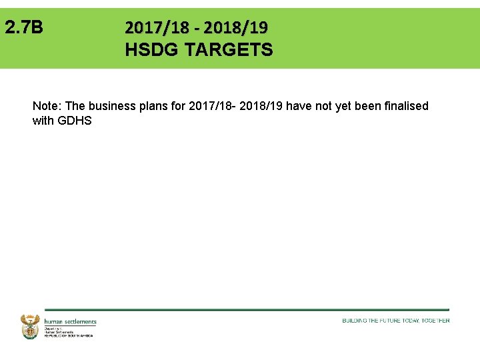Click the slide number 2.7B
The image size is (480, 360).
coord(23,27)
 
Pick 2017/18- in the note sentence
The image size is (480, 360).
coord(212,106)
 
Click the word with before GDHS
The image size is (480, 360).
coord(43,121)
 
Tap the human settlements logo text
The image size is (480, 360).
coord(70,321)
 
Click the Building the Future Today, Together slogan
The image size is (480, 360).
coord(396,321)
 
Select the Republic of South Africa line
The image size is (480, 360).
coord(69,335)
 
